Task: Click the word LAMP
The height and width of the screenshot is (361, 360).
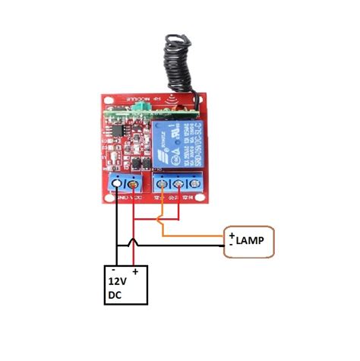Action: (250, 241)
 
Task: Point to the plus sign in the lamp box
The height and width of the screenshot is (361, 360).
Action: (232, 236)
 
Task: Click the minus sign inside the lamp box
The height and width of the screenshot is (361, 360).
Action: (231, 245)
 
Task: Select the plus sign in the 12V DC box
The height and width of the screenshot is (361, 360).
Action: (135, 271)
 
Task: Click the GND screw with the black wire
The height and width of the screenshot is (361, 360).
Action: (117, 184)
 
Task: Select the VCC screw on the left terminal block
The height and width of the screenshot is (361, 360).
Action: (133, 184)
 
